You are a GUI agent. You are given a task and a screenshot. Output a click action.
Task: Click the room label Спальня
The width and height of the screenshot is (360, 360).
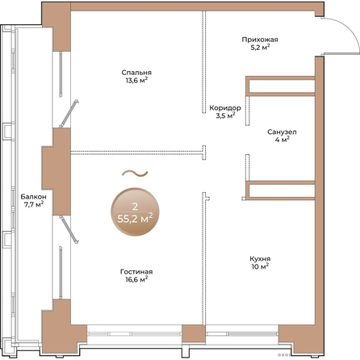136,73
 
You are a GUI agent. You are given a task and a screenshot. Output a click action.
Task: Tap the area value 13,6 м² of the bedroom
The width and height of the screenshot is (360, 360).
136,80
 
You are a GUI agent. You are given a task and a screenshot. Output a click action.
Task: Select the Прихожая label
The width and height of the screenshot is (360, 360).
260,40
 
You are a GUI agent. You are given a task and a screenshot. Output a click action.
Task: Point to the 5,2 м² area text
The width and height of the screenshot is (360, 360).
260,48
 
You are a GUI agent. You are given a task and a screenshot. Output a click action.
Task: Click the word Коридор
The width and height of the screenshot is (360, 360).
225,108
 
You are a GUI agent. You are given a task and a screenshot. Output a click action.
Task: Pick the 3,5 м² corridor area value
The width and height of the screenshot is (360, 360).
225,115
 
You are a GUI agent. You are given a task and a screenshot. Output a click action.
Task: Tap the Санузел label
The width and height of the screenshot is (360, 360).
282,132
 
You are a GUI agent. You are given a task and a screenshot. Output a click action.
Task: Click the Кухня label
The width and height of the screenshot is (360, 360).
260,259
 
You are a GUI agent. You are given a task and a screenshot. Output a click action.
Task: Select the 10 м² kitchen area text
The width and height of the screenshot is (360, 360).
260,266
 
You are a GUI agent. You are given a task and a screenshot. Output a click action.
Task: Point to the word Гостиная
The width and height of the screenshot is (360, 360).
136,272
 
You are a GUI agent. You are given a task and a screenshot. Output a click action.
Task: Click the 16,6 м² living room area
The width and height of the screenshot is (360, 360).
136,279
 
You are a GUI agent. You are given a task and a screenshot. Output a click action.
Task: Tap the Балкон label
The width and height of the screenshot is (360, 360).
34,197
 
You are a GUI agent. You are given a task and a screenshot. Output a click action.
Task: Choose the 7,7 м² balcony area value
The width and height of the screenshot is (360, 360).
34,204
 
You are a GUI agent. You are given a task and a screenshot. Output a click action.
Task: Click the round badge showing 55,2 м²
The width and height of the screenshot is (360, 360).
135,211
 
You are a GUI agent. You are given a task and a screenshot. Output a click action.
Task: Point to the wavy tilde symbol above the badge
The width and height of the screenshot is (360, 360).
135,174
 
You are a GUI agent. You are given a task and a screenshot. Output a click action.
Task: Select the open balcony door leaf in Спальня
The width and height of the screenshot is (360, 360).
69,114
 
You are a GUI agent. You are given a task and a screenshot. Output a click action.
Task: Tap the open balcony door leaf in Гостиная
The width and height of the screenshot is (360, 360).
69,229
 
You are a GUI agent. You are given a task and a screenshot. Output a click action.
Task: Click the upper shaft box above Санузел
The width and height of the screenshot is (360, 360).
280,86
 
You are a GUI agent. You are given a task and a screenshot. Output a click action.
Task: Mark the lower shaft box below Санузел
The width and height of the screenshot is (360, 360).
280,190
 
